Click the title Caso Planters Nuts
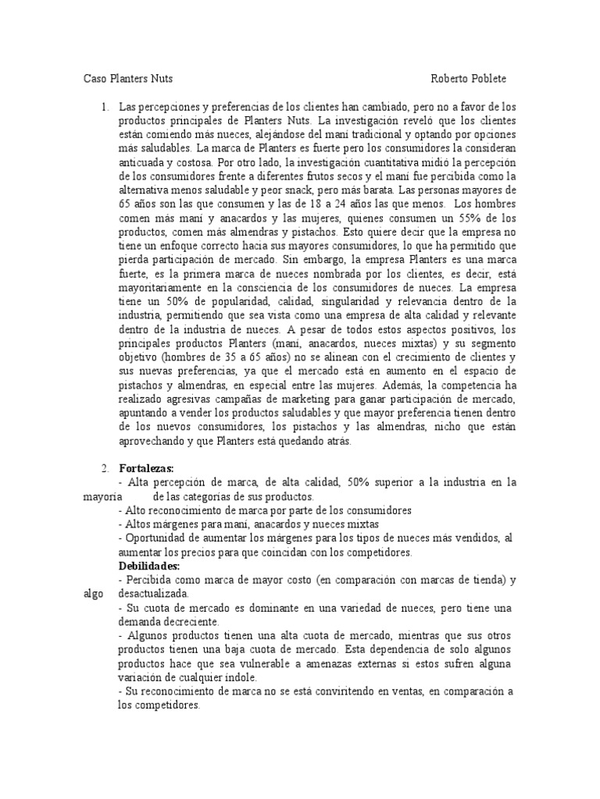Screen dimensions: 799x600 pos(128,79)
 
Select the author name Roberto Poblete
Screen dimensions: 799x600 pos(473,79)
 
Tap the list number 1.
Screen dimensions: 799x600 pos(105,106)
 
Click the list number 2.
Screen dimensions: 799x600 pos(105,468)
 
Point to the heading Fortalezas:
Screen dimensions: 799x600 pos(146,468)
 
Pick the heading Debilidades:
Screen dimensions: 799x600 pos(149,566)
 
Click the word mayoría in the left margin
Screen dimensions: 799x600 pos(102,496)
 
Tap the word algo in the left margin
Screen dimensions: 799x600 pos(92,594)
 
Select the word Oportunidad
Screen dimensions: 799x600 pos(157,538)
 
